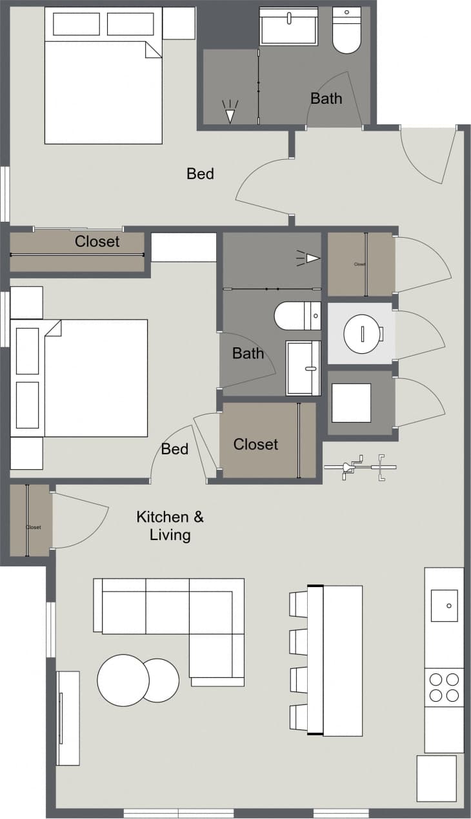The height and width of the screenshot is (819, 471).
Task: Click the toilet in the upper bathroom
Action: pyautogui.click(x=346, y=30)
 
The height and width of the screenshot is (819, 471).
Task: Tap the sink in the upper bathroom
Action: pyautogui.click(x=288, y=27)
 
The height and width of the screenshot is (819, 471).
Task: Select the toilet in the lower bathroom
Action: pyautogui.click(x=297, y=316)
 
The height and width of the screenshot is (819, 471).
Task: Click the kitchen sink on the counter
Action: pyautogui.click(x=444, y=606)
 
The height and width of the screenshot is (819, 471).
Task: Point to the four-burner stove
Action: pyautogui.click(x=444, y=687)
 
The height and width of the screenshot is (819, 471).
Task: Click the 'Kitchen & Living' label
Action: pyautogui.click(x=170, y=525)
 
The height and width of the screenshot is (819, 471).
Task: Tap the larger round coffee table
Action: pyautogui.click(x=123, y=680)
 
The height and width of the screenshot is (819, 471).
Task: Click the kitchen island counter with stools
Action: pyautogui.click(x=336, y=660)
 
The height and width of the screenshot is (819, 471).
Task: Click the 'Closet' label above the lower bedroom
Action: pyautogui.click(x=97, y=242)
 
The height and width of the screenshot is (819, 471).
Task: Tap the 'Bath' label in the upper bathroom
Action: pyautogui.click(x=326, y=99)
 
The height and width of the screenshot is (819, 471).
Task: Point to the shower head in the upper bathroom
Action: pyautogui.click(x=230, y=113)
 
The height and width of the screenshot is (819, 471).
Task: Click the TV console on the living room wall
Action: pyautogui.click(x=68, y=718)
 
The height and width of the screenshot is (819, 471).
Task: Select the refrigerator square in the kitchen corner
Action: pyautogui.click(x=436, y=778)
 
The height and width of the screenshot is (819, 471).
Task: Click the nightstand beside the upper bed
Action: pyautogui.click(x=179, y=23)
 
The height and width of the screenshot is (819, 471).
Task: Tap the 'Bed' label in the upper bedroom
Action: pyautogui.click(x=200, y=173)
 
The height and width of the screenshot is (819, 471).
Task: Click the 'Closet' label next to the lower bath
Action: pyautogui.click(x=256, y=445)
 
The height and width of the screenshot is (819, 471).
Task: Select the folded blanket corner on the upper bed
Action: pyautogui.click(x=153, y=50)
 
